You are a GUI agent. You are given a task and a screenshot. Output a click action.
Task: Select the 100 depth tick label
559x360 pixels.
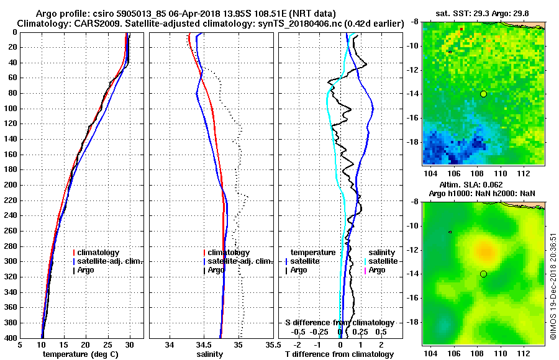click(x=9, y=109)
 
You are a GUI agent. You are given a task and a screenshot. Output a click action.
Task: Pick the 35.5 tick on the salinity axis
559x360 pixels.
click(x=270, y=344)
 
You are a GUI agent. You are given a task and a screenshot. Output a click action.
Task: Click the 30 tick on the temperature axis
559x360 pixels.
click(x=130, y=344)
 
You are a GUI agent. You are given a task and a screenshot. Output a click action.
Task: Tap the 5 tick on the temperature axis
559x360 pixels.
click(x=20, y=344)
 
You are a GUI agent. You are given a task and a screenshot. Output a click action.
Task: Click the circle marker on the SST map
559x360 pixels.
click(x=483, y=94)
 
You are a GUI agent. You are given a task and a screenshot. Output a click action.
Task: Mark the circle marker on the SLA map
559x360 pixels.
click(x=483, y=274)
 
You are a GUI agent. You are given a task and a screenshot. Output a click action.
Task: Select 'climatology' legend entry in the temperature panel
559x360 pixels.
click(x=99, y=253)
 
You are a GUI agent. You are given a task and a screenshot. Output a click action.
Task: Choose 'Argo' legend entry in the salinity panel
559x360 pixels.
click(x=216, y=270)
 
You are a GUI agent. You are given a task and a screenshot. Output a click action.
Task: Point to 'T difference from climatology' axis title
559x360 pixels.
click(x=339, y=354)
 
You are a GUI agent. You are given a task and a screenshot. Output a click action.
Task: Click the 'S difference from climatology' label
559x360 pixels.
click(x=339, y=323)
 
